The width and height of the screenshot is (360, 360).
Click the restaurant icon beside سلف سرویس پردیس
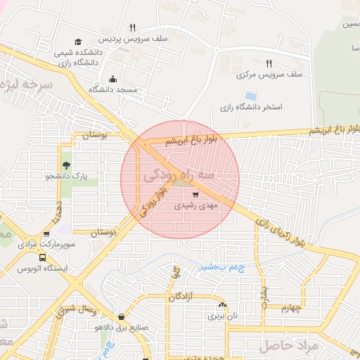pos(131,27)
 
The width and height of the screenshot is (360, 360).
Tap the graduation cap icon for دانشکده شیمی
pos(77,41)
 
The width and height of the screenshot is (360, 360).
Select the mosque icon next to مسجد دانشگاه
pos(113,79)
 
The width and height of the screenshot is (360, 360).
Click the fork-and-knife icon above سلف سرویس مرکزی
pos(269,63)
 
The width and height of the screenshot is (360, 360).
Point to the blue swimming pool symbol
pos(250,96)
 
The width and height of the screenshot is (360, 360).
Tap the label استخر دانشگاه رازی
pos(251,108)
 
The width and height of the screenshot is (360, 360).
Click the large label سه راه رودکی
pos(179,174)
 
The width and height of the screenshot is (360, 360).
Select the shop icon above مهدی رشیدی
pos(195,194)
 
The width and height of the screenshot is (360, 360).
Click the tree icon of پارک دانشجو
pos(66,165)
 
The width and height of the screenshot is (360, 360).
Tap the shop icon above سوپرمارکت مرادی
pos(46,234)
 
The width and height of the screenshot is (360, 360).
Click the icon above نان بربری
pos(223,305)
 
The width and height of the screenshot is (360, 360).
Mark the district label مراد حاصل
pos(288,346)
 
